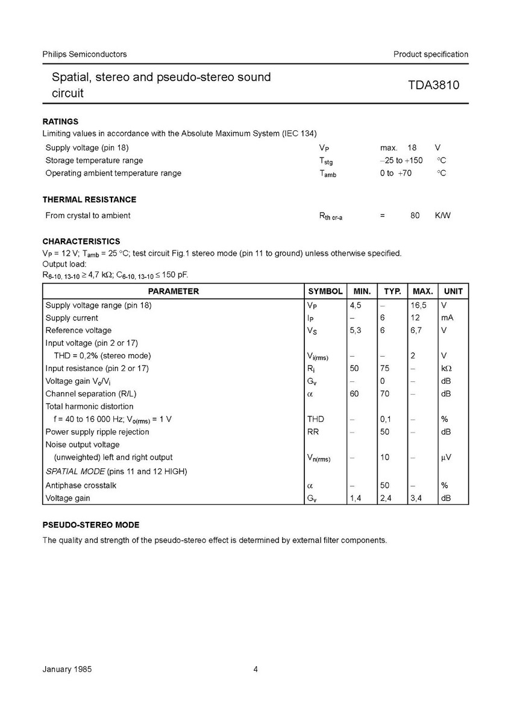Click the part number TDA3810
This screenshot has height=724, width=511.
434,85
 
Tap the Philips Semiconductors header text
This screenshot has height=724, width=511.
84,54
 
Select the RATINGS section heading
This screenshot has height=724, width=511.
60,121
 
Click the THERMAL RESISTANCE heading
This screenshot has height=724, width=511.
89,200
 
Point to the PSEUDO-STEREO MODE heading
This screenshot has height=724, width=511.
90,525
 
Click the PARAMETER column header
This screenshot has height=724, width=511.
174,291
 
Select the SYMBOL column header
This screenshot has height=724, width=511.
325,291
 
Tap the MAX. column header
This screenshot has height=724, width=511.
422,291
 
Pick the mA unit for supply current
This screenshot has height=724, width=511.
448,318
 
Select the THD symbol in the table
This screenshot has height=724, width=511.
316,419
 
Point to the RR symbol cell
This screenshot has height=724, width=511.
313,432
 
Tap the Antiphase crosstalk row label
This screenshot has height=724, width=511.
81,485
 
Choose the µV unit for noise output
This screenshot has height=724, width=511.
447,457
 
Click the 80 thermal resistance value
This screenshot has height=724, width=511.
415,215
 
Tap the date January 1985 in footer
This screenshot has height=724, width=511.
67,669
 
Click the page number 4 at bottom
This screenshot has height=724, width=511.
255,669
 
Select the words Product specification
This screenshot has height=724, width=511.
430,54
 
